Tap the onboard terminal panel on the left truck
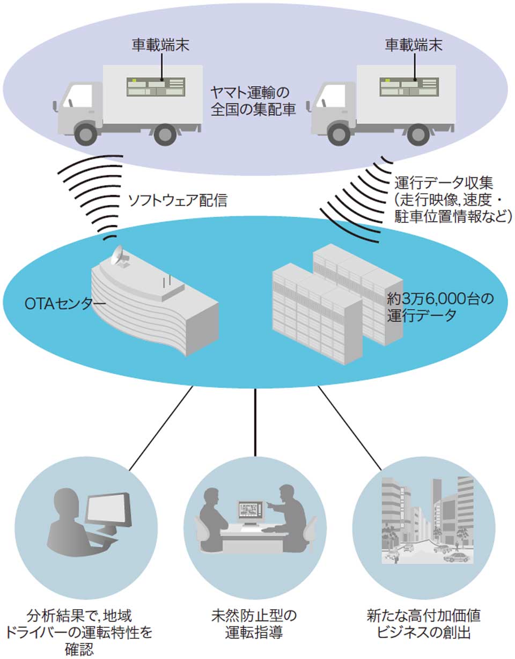click(x=156, y=87)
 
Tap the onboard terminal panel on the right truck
click(x=409, y=87)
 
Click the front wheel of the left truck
click(x=86, y=134)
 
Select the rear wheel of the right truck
click(x=418, y=134)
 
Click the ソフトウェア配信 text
click(x=178, y=201)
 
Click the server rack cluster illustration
click(x=335, y=303)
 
